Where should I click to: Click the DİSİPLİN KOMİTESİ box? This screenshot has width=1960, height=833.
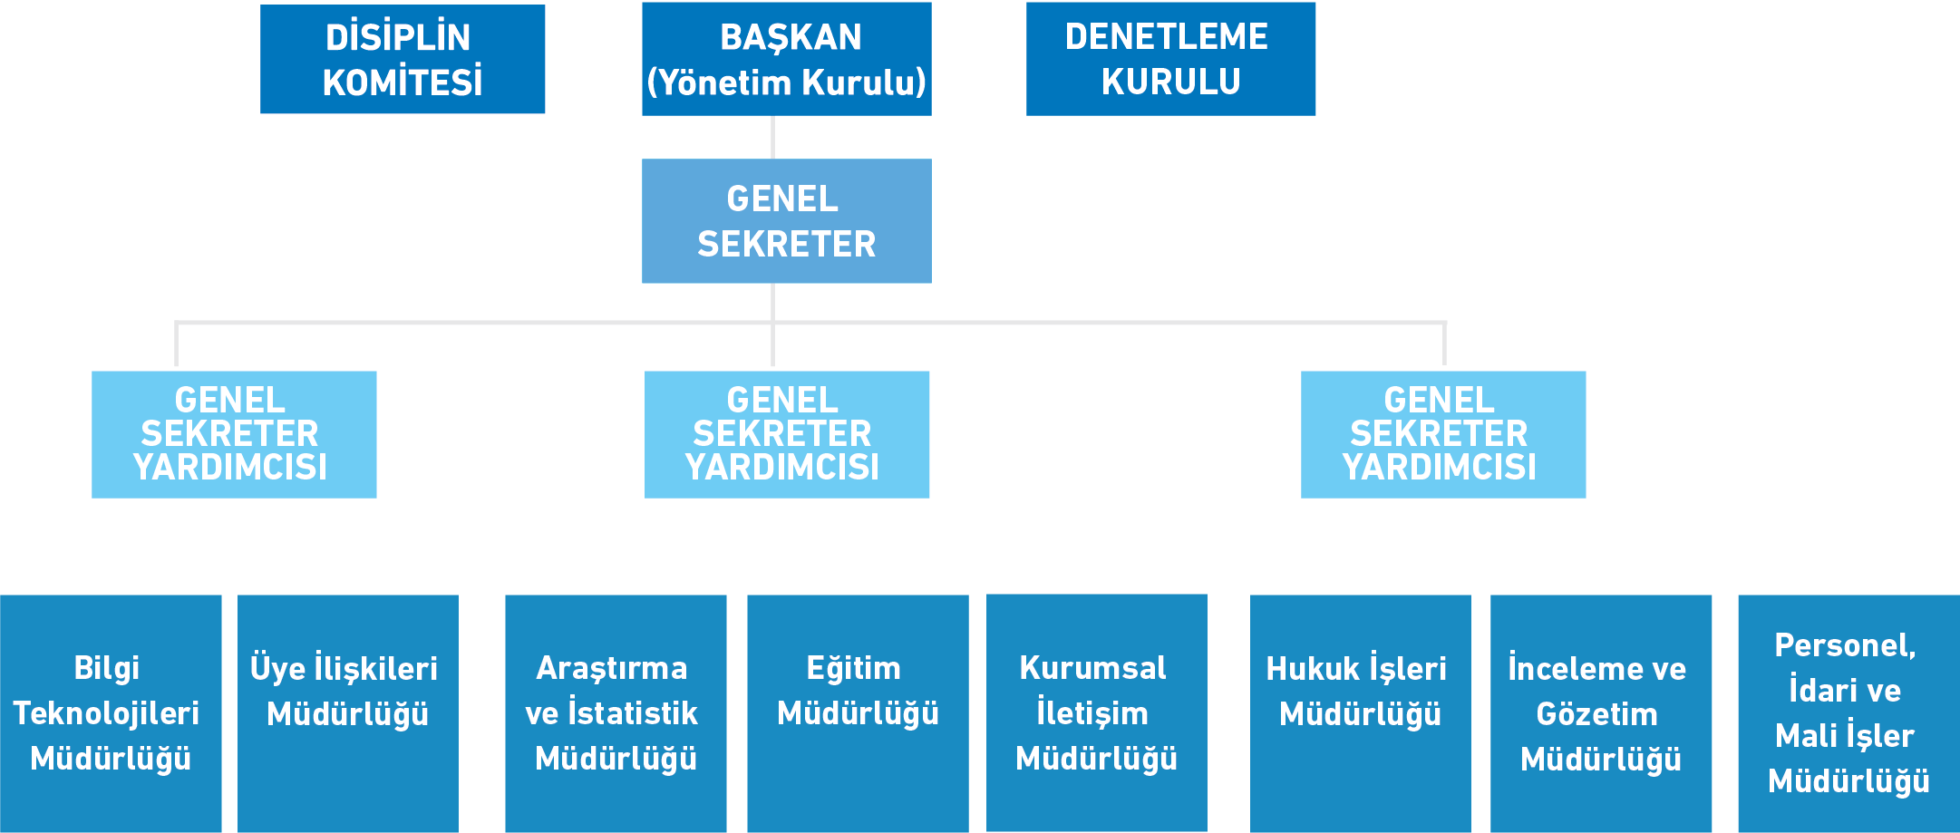coord(403,59)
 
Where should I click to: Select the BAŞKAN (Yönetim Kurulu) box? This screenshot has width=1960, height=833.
coord(786,59)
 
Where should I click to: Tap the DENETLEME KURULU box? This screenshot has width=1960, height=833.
coord(1170,59)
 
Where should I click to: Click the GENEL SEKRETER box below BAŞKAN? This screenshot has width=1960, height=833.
coord(786,221)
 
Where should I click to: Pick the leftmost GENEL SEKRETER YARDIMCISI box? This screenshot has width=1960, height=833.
coord(234,434)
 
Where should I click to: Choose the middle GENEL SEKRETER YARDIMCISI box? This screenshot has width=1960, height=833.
coord(786,434)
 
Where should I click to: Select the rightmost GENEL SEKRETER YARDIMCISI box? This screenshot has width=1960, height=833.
coord(1442,434)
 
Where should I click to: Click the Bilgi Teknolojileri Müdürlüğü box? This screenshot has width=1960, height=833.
coord(111,713)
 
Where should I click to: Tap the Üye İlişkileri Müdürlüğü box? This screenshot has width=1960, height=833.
coord(347,713)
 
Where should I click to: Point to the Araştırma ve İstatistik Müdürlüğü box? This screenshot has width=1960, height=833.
coord(616,713)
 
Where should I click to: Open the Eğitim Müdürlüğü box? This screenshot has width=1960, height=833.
coord(858,713)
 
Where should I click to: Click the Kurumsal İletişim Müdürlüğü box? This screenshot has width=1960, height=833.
coord(1096,713)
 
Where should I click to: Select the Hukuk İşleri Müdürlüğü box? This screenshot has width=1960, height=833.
coord(1360,713)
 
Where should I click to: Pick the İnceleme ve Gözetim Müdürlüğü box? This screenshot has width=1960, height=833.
coord(1601,713)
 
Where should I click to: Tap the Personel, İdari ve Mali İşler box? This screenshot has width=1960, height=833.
coord(1848,713)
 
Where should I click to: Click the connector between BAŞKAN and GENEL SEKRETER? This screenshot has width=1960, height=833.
coord(772,137)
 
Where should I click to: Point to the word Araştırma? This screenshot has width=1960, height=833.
coord(612,668)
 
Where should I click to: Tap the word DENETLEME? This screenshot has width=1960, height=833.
coord(1167,37)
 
